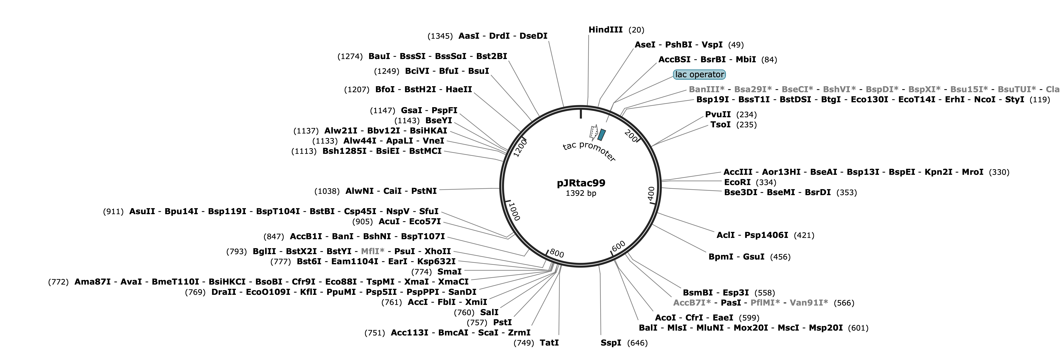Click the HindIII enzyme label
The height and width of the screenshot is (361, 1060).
[605, 30]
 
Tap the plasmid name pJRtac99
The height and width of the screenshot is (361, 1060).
[581, 183]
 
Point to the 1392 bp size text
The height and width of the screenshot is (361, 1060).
[581, 193]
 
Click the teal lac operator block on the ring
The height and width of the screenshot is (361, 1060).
[602, 134]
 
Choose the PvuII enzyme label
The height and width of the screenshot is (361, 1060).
[718, 114]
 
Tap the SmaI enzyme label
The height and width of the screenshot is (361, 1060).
[449, 272]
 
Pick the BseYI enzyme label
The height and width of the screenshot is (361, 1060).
[439, 121]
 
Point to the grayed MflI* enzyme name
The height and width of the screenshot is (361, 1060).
[372, 251]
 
